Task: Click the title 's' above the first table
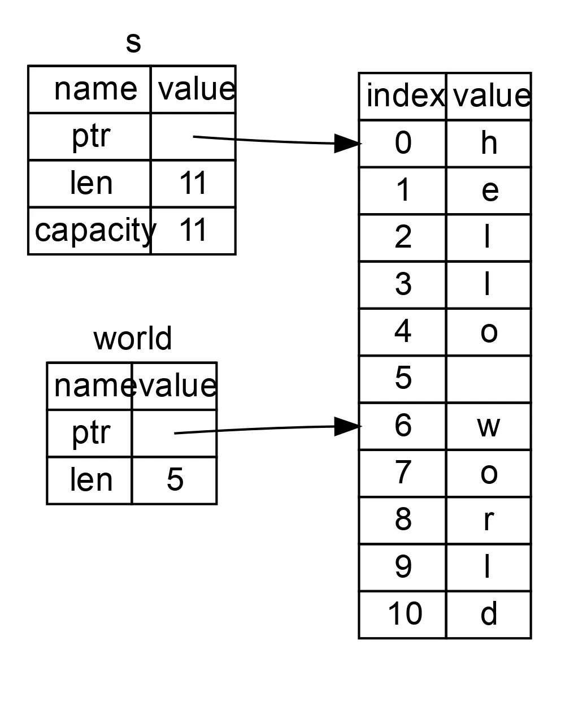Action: click(x=133, y=43)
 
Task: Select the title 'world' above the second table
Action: click(x=132, y=339)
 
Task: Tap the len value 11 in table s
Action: click(x=193, y=184)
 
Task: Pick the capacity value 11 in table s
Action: click(x=193, y=231)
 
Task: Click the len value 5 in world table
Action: click(x=175, y=480)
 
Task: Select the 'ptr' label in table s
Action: click(x=90, y=137)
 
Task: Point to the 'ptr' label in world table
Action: click(x=90, y=433)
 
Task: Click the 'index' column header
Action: click(x=403, y=96)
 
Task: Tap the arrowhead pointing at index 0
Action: click(x=347, y=143)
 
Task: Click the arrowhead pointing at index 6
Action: click(x=347, y=426)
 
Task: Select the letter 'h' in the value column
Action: click(x=489, y=143)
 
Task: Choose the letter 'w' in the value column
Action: click(x=489, y=426)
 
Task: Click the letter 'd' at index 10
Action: click(x=489, y=614)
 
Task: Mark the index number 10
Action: click(x=403, y=614)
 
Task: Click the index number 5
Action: click(x=403, y=379)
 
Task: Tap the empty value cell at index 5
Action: click(x=489, y=379)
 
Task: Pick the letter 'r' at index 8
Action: click(x=489, y=520)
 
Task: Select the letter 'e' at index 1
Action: click(x=489, y=191)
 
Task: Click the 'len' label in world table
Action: click(x=90, y=480)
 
